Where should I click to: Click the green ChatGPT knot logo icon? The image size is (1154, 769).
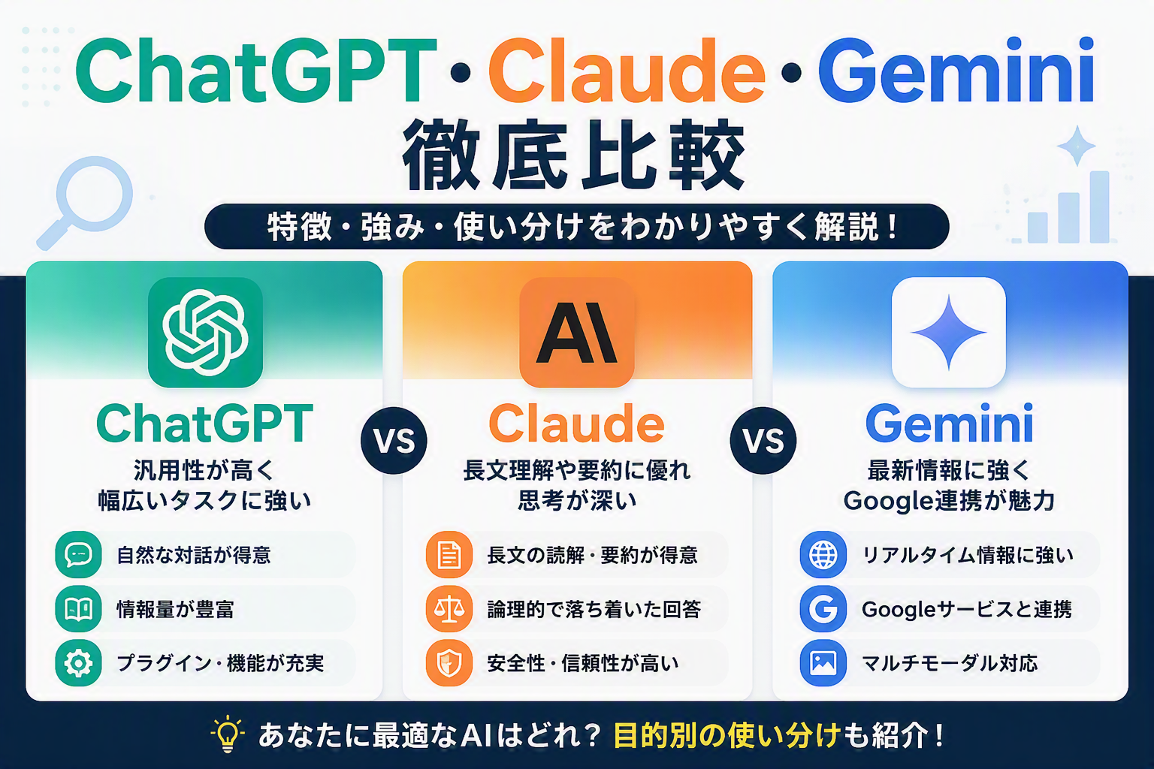pos(205,332)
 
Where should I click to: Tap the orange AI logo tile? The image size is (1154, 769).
pos(576,332)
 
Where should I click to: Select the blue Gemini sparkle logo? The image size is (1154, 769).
pos(948,332)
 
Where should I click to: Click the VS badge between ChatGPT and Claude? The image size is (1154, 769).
pos(394,441)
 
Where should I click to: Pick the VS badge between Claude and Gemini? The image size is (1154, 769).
pos(763,441)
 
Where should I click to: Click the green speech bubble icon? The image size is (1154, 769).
pos(78,555)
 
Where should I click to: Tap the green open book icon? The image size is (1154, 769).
pos(78,609)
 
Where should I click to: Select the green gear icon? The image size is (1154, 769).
pos(78,663)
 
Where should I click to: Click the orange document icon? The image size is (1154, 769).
pos(449,555)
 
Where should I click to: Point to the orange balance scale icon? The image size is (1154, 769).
pos(449,609)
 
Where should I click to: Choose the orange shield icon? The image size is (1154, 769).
pos(449,663)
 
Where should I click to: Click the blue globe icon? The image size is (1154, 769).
pos(823,555)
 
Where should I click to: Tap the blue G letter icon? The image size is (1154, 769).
pos(823,609)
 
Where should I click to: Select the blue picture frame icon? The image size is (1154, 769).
pos(823,663)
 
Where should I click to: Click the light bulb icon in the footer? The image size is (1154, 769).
pos(228,734)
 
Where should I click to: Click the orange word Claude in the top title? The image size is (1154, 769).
pos(627,71)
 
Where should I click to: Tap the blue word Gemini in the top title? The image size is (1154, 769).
pos(956,71)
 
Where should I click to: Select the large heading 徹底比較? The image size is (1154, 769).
pos(573,155)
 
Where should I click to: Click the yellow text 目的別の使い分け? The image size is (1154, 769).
pos(727,735)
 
